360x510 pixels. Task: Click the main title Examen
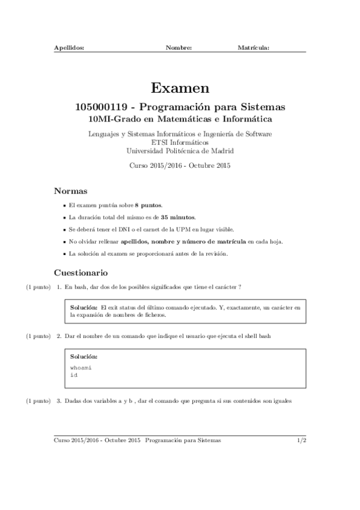(x=180, y=88)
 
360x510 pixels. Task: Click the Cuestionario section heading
(x=81, y=272)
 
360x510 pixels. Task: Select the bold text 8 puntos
(x=148, y=205)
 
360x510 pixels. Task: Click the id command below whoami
(x=74, y=374)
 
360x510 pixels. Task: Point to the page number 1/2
(x=302, y=440)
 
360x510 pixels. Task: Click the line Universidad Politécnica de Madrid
(x=180, y=151)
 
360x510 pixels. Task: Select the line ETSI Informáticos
(x=180, y=143)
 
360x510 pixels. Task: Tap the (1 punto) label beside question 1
(x=38, y=287)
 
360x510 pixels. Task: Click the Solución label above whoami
(x=84, y=357)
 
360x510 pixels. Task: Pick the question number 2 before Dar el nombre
(x=58, y=336)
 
